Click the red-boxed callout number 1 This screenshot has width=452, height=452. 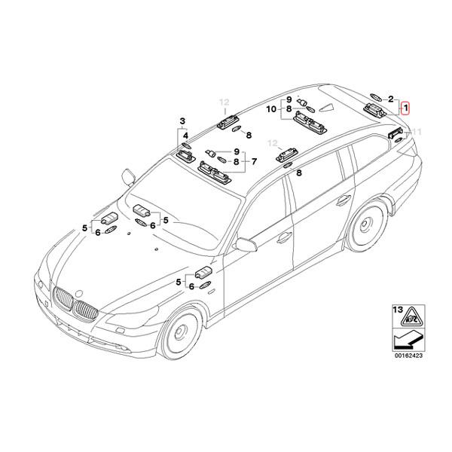tap(406, 108)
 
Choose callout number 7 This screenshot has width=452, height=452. tap(254, 160)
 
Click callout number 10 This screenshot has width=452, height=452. tap(271, 109)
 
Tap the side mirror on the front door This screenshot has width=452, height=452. tap(247, 245)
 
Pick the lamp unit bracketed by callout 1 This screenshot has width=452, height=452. tap(374, 110)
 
